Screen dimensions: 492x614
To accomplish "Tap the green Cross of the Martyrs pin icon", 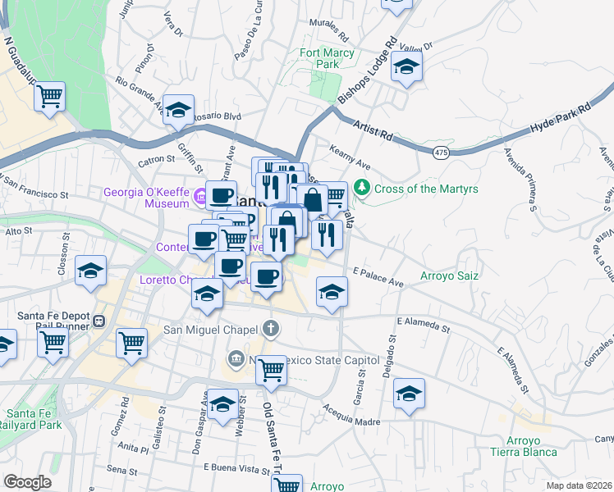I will (x=362, y=189).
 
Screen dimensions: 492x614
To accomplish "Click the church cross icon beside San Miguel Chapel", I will (x=272, y=330).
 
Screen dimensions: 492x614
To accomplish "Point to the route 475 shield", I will (x=441, y=152).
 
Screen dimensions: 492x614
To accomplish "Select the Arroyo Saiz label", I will (x=449, y=276).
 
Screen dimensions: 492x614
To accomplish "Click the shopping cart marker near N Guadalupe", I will (x=50, y=96).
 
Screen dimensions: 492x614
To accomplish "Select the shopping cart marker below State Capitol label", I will (x=271, y=370).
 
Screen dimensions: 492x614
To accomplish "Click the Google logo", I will (x=28, y=482).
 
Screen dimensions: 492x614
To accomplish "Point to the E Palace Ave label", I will (x=378, y=277).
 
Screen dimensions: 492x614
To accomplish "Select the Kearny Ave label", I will (x=350, y=157).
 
